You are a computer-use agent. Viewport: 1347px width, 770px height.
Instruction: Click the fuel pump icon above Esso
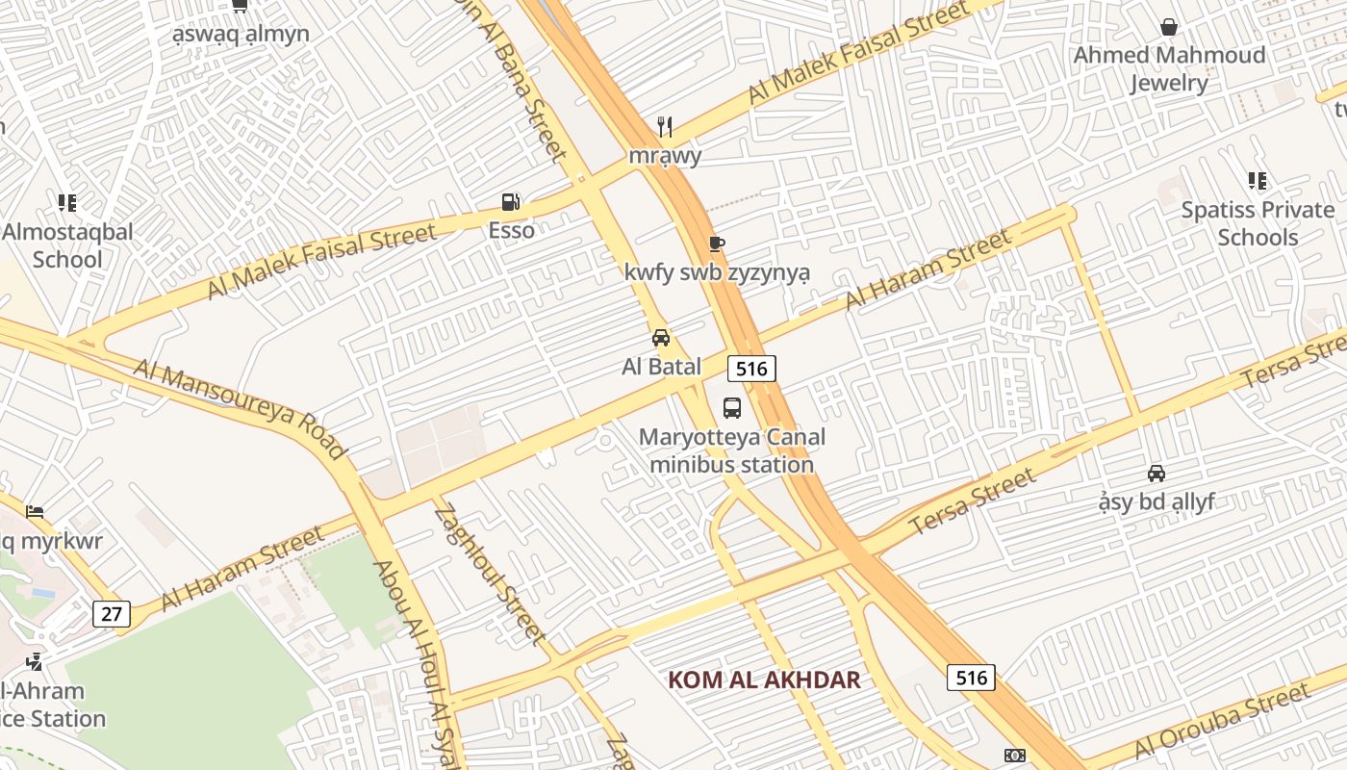(511, 202)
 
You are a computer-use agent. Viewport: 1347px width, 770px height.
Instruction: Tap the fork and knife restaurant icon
(664, 126)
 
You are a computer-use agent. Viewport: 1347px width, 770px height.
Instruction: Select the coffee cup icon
(716, 244)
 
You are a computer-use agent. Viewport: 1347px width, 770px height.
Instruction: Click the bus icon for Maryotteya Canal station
(732, 407)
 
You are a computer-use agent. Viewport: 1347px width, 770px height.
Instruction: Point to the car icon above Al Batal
(661, 338)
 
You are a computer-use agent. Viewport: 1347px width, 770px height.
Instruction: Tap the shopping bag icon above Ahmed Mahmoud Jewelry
(1169, 27)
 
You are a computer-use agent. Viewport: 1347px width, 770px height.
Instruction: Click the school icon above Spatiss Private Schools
(1257, 181)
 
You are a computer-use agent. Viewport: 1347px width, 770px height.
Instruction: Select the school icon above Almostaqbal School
(66, 203)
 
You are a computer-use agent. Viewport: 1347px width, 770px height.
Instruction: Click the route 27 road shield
(112, 614)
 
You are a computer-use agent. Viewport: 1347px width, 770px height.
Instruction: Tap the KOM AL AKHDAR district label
(764, 680)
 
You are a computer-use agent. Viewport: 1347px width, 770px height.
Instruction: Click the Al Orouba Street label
(1222, 720)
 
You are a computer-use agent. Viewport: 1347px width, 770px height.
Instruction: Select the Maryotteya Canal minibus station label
(732, 450)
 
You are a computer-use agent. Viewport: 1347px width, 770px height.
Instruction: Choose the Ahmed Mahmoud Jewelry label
(1169, 68)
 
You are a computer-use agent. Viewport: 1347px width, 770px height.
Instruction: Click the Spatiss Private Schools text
(1258, 223)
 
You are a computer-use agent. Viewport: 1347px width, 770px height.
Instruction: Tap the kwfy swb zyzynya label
(717, 272)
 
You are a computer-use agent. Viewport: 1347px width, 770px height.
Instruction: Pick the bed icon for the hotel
(35, 511)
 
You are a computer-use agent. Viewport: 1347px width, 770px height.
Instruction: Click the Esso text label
(511, 230)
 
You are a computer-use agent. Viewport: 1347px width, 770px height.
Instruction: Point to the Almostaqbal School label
(67, 245)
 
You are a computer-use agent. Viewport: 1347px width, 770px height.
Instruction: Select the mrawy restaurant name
(665, 155)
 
